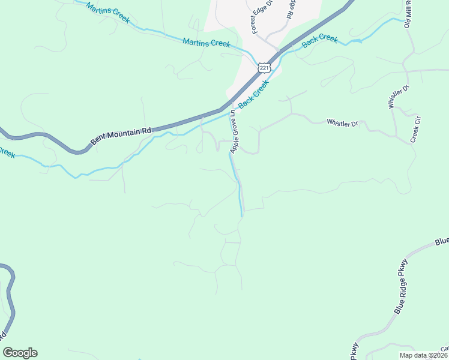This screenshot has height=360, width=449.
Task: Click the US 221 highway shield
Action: pos(265,68)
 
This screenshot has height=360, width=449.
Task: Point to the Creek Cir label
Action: pos(414,128)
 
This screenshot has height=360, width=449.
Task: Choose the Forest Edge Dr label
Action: pos(262,17)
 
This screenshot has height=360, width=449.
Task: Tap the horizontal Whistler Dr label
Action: pos(342,123)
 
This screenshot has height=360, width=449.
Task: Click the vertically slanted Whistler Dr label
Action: pos(398,96)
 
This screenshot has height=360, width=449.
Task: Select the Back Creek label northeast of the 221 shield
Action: pos(320,41)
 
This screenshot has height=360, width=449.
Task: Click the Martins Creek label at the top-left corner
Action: pos(107,12)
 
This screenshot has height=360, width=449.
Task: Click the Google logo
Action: pos(20,353)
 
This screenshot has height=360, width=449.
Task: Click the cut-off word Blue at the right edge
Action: pos(442,241)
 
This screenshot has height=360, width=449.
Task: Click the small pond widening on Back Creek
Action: pos(355,41)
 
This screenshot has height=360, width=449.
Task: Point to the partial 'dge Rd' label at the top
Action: pos(292,10)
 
